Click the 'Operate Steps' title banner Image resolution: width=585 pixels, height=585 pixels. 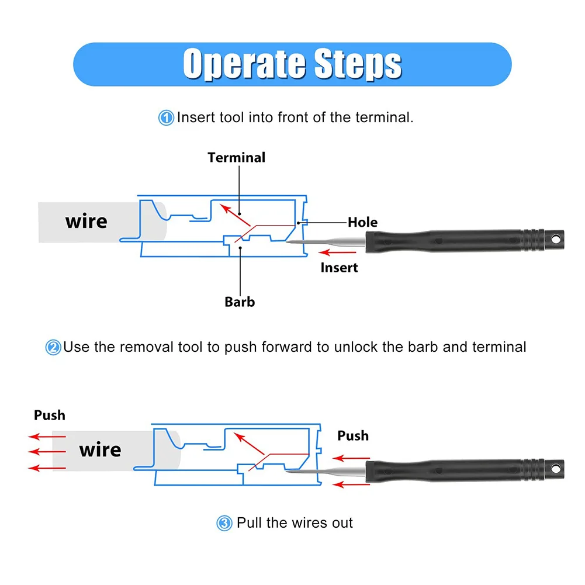pyautogui.click(x=292, y=64)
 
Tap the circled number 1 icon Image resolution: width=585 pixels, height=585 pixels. pyautogui.click(x=166, y=118)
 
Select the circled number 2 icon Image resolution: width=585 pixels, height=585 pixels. pyautogui.click(x=53, y=347)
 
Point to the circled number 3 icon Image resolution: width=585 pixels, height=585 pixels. pyautogui.click(x=224, y=523)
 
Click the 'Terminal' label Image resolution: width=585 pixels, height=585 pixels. pyautogui.click(x=237, y=157)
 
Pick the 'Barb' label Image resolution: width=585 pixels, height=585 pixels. pyautogui.click(x=240, y=302)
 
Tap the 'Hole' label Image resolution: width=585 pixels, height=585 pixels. pyautogui.click(x=363, y=222)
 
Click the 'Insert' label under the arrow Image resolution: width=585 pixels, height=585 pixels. pyautogui.click(x=339, y=268)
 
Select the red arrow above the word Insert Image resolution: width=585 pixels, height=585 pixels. pyautogui.click(x=338, y=252)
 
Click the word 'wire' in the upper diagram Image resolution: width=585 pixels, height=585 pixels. pyautogui.click(x=86, y=221)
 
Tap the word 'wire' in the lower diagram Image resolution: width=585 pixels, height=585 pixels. pyautogui.click(x=100, y=449)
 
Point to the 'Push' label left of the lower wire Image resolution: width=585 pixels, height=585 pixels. pyautogui.click(x=50, y=416)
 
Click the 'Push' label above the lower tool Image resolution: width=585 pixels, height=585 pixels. pyautogui.click(x=353, y=436)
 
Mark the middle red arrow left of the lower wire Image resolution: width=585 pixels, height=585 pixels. pyautogui.click(x=47, y=452)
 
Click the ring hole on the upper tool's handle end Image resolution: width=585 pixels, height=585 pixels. pyautogui.click(x=556, y=239)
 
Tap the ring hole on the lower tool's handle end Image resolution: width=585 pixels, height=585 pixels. pyautogui.click(x=556, y=468)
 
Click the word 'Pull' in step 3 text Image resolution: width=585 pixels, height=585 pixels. pyautogui.click(x=249, y=522)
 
